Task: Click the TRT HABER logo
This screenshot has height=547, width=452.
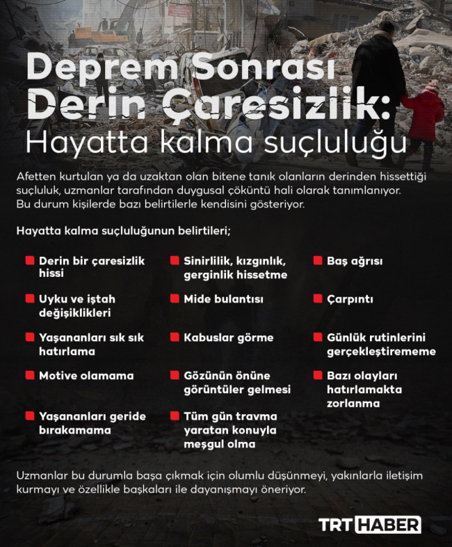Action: pos(369,525)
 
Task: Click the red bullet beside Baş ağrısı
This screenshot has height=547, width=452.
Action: pos(316,261)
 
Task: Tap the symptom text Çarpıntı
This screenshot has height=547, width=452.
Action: pos(350,299)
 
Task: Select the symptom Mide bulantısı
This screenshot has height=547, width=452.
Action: pos(223,299)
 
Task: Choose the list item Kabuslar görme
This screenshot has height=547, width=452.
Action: pos(229,338)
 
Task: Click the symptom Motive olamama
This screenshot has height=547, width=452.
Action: pos(86,376)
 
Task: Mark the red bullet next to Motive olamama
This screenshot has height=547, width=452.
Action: pos(30,375)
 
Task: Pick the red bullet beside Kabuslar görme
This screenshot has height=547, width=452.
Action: pos(175,337)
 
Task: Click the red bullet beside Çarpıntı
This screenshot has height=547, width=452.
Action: pos(316,299)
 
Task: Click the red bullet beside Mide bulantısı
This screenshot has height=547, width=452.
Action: pos(175,299)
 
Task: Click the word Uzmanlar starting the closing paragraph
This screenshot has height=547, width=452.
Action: pos(42,475)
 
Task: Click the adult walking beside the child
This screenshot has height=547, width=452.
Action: pos(380,84)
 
